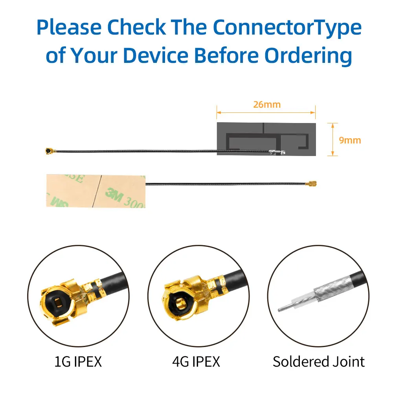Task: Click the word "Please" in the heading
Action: (68, 28)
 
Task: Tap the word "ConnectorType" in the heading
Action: (287, 28)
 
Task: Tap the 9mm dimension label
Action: (349, 140)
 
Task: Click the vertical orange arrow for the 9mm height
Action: (333, 139)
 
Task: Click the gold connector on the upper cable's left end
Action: (50, 151)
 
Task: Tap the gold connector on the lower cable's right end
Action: (312, 184)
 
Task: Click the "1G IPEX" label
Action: (78, 361)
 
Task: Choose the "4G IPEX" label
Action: (196, 361)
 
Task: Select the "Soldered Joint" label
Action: (319, 361)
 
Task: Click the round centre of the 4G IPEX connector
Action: (180, 303)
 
